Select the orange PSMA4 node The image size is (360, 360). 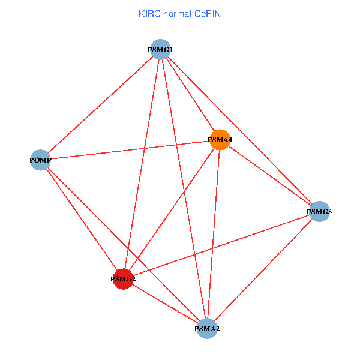(220, 140)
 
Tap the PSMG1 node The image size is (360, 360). (161, 49)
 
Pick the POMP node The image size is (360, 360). (40, 160)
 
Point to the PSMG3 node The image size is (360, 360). (319, 211)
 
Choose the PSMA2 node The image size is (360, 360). (207, 328)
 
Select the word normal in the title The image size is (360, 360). (177, 13)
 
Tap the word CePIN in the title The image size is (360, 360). (207, 13)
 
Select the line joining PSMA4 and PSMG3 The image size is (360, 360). (270, 176)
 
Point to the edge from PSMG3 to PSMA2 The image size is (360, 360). (263, 269)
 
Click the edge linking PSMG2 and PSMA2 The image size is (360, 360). (165, 304)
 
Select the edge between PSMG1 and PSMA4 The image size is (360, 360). (191, 95)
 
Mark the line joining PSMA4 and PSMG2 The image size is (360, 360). (180, 198)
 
